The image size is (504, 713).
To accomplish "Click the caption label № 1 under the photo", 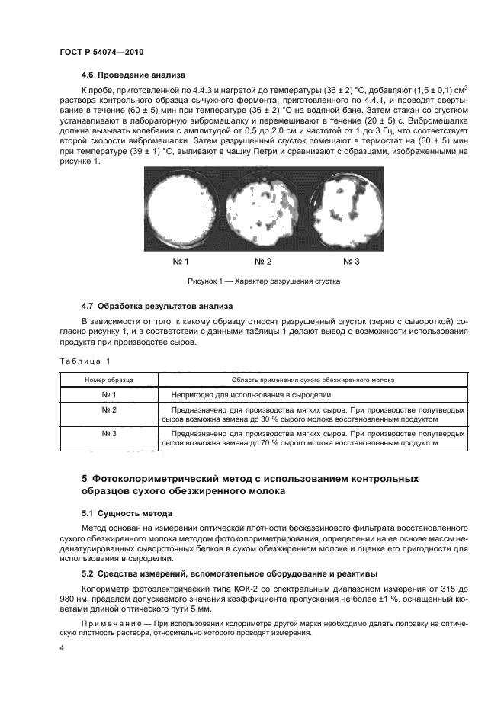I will click(x=181, y=262).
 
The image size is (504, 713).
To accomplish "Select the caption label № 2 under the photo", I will click(x=263, y=262).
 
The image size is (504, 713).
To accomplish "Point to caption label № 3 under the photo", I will click(x=351, y=262).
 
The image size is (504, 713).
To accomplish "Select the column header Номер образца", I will click(x=109, y=379).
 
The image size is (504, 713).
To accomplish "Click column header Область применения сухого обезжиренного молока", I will click(x=312, y=379).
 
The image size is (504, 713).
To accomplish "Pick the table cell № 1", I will click(x=109, y=394).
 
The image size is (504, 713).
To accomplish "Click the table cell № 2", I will click(x=109, y=410).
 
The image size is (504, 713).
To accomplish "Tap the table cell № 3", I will click(x=109, y=433).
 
